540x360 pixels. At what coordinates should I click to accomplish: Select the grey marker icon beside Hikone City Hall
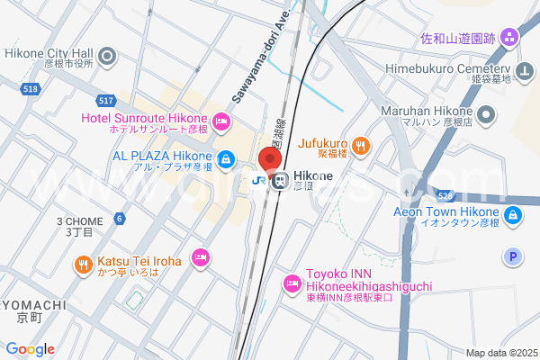point(108,58)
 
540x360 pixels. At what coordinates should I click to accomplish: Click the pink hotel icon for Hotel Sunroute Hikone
point(221,121)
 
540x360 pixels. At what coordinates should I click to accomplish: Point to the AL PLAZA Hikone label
point(162,156)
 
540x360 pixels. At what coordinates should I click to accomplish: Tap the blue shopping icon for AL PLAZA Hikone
point(226,160)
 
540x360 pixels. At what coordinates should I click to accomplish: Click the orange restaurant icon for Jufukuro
point(359,146)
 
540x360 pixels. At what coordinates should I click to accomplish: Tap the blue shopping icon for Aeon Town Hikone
point(512,215)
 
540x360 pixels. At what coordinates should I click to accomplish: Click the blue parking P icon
point(513,257)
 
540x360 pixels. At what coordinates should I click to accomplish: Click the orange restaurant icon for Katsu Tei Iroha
point(83,265)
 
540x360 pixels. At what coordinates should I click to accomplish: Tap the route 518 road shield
point(31,89)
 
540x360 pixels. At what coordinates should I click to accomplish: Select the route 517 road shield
point(106,101)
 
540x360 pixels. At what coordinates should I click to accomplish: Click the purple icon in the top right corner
point(509,38)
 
